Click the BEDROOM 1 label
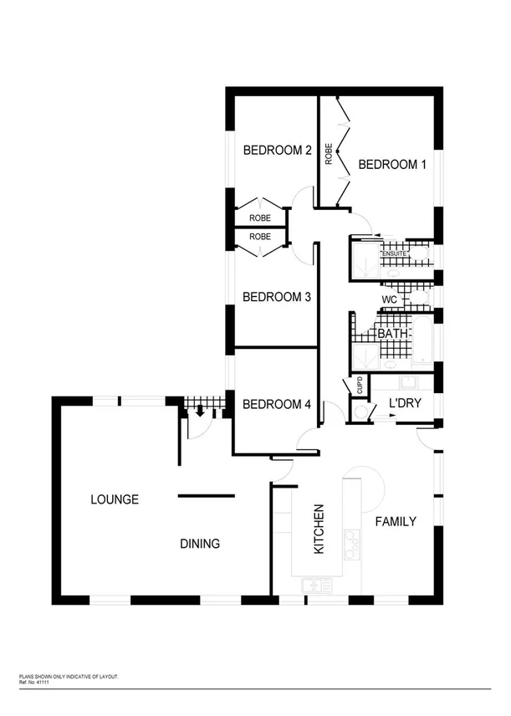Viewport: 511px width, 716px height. [392, 165]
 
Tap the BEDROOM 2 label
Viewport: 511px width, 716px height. [277, 151]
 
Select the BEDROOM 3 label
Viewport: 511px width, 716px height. [277, 297]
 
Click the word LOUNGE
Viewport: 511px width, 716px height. [115, 499]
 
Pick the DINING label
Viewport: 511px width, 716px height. [200, 544]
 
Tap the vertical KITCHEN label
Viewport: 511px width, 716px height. [319, 529]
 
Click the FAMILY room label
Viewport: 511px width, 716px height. [396, 522]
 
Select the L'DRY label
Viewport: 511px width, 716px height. [404, 406]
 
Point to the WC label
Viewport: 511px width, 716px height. [389, 299]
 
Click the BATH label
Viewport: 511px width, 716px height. [393, 334]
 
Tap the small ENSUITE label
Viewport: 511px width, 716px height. [394, 253]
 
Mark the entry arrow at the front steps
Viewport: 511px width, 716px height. [201, 411]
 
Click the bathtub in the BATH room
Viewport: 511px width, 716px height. [423, 340]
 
